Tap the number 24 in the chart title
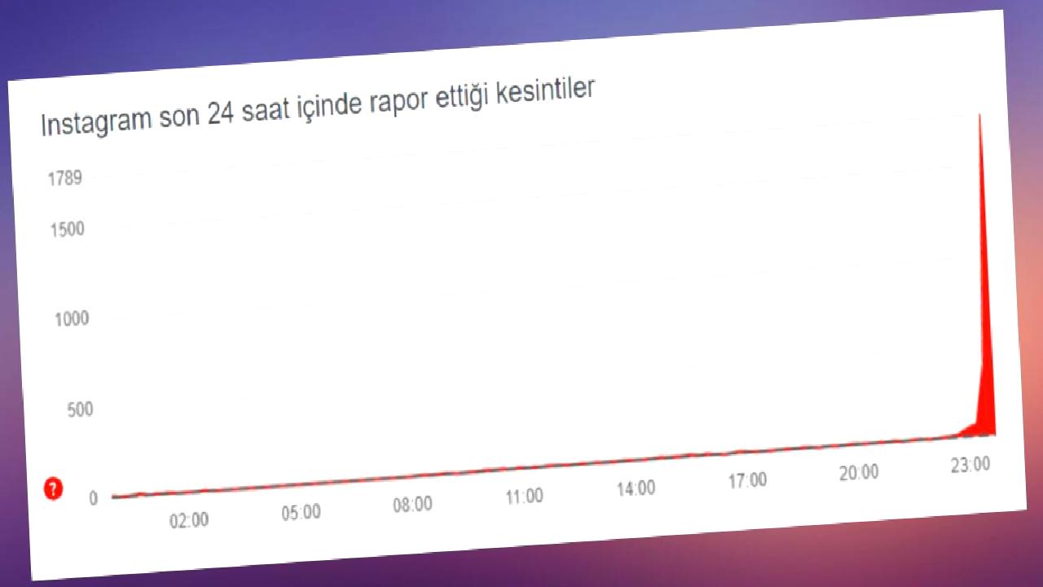pos(220,113)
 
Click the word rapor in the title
pos(398,103)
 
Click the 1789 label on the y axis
pos(65,178)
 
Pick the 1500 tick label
pos(68,230)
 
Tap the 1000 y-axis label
pos(72,320)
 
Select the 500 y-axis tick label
pos(80,410)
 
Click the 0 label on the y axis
pos(94,498)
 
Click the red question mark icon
pos(53,488)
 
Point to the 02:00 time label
pos(189,520)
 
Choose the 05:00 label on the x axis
pos(301,513)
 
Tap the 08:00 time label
pos(412,505)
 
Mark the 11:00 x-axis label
pos(525,497)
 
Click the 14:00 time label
pos(636,488)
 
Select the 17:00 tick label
pos(748,481)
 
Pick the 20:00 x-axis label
pos(859,473)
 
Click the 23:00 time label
pos(970,465)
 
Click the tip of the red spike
pos(979,115)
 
